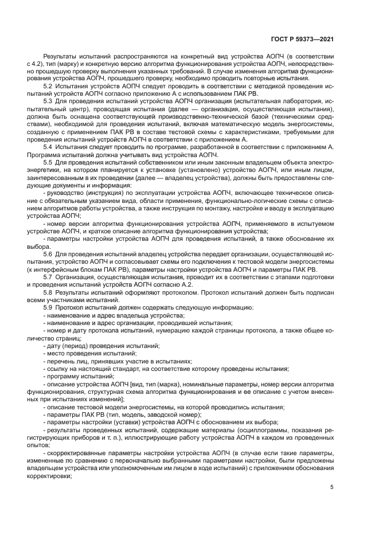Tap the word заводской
click(147, 414)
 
